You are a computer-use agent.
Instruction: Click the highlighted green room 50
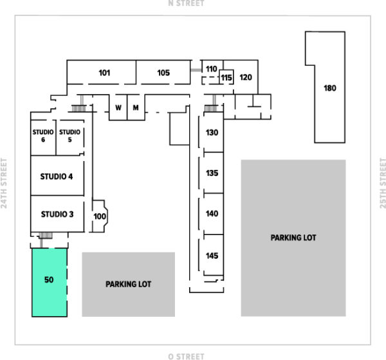point(50,282)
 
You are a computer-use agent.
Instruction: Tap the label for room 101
point(104,73)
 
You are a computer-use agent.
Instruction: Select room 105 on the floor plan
point(163,72)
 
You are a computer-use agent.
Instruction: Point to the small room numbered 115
point(226,77)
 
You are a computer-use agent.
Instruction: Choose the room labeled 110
point(212,69)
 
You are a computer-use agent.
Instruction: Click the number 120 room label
point(246,77)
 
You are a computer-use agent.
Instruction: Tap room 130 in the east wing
point(212,132)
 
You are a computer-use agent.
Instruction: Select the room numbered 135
point(212,173)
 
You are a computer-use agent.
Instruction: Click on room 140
point(212,213)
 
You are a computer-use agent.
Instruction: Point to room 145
point(212,255)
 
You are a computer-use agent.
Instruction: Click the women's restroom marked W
point(118,108)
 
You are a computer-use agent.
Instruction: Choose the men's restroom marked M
point(136,108)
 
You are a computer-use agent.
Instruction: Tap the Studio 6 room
point(43,137)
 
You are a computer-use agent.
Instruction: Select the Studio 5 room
point(70,137)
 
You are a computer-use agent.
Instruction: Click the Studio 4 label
point(57,176)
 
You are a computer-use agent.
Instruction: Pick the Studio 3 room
point(57,214)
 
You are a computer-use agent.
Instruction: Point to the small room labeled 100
point(100,216)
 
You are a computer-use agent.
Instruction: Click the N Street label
point(186,3)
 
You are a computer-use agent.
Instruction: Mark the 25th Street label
point(383,183)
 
